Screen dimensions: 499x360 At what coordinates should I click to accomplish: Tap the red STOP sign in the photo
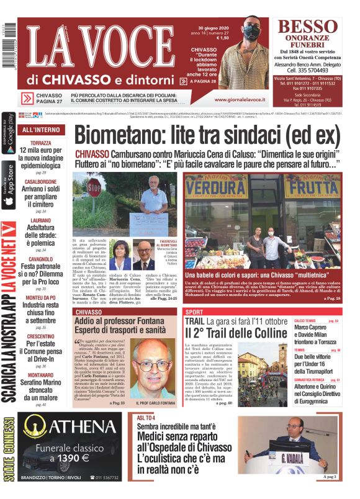point(94,187)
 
